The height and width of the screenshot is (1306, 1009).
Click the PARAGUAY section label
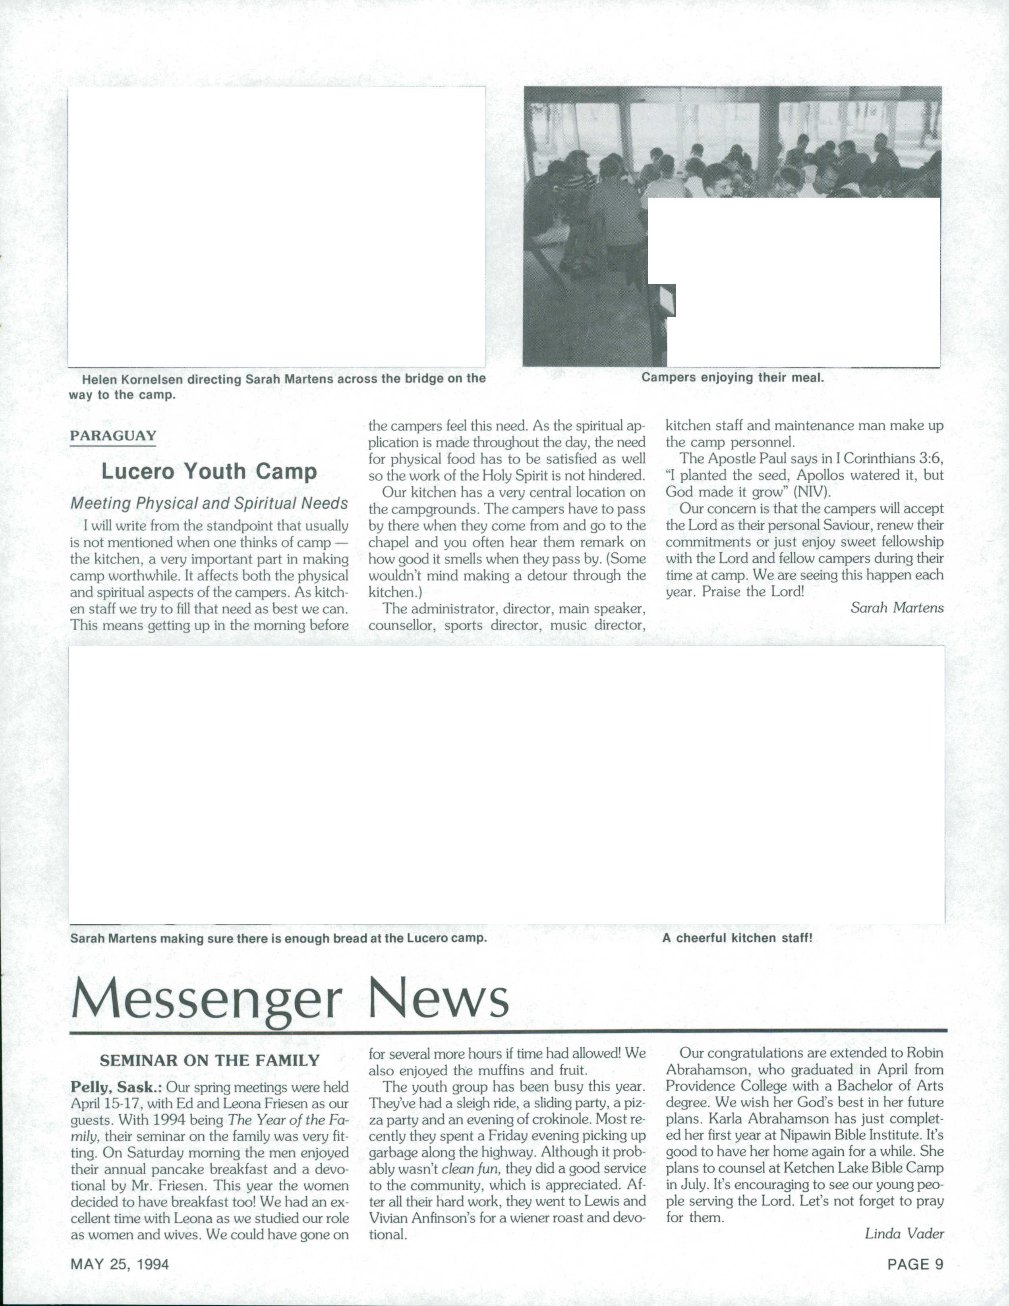(113, 436)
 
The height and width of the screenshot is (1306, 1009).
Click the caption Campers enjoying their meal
(733, 377)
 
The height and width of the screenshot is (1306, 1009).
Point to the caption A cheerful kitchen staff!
(737, 938)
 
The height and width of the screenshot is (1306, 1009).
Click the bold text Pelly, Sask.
(116, 1087)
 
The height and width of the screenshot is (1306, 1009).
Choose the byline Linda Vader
(904, 1233)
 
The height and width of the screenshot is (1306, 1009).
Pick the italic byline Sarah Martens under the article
(897, 608)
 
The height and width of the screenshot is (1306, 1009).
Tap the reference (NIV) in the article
(812, 492)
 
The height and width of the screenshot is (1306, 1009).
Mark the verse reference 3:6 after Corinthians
(931, 459)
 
